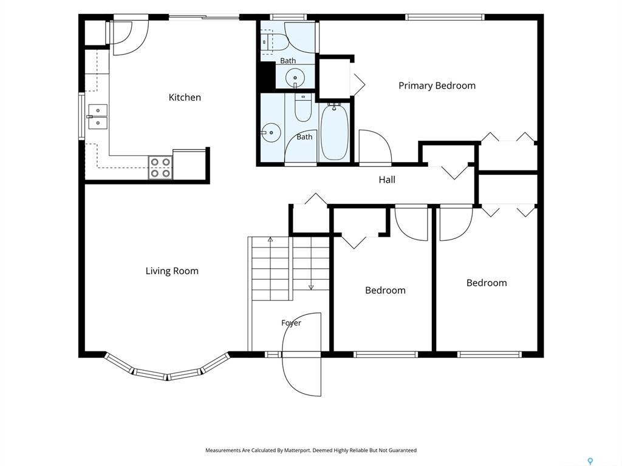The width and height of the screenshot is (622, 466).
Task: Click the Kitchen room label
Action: click(x=185, y=98)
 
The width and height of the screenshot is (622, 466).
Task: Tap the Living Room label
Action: click(x=172, y=271)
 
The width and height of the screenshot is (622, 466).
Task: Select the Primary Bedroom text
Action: click(x=437, y=86)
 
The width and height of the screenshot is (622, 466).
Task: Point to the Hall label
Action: click(x=387, y=180)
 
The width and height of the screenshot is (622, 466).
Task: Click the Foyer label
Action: click(x=291, y=323)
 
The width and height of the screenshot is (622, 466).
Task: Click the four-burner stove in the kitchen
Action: click(x=160, y=167)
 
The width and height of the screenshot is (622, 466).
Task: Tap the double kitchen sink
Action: click(x=98, y=117)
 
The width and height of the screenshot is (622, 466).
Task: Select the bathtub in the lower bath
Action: click(x=334, y=132)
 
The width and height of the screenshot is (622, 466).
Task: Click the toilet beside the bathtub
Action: click(x=302, y=107)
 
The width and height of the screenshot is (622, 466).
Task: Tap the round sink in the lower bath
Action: click(x=272, y=132)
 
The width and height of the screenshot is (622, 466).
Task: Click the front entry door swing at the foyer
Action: click(x=300, y=354)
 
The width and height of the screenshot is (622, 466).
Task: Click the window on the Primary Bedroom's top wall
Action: click(x=445, y=17)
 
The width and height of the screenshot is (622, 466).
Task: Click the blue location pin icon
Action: click(x=590, y=461)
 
